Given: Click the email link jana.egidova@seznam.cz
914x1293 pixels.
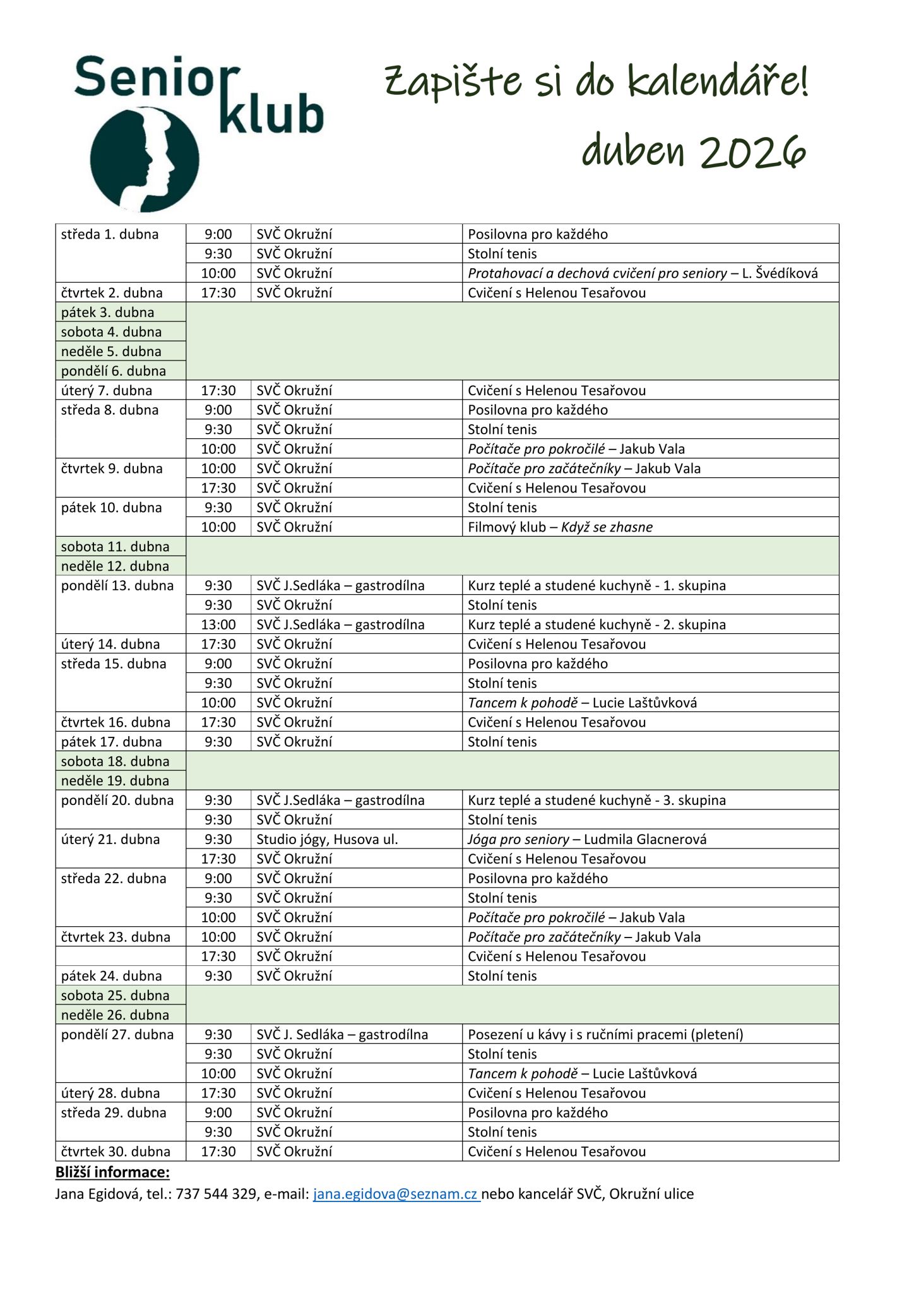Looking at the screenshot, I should point(396,1194).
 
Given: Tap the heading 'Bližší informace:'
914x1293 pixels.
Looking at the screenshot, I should point(112,1172).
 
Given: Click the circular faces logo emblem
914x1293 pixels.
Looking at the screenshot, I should point(145,159).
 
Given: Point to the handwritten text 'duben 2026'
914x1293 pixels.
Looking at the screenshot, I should point(694,152).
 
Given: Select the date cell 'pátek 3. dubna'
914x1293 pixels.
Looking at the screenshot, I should point(108,313).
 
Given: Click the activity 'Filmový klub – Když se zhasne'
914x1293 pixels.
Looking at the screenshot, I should point(560,527).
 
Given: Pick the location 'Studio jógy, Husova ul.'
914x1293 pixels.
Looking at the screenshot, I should point(327,839).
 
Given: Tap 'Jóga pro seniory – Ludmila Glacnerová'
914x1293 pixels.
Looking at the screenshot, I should point(587,839).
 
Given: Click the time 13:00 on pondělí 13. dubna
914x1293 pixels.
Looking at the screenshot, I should point(218,624).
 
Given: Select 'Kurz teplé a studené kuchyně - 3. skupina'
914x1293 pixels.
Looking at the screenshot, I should point(596,800).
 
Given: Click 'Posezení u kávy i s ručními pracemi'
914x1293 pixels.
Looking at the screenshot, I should point(605,1034).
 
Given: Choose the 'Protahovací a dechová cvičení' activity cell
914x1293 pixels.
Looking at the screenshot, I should point(643,273).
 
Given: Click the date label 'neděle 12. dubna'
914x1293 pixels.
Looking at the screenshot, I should point(115,566).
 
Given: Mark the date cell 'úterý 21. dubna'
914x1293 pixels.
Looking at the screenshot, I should point(110,839).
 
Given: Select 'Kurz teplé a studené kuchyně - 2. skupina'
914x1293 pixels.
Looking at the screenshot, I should point(596,624).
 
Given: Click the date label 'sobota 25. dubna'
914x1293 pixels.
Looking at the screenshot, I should point(115,995).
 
